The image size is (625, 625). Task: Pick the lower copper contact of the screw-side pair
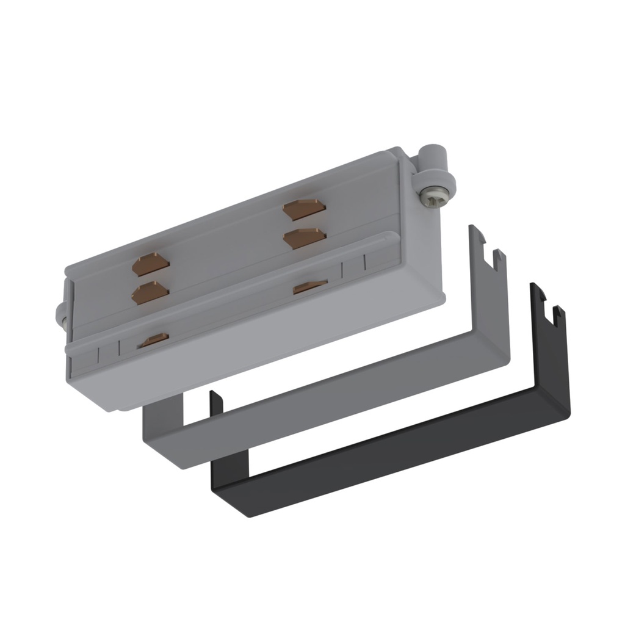(x=303, y=238)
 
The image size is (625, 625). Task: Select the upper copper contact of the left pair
(x=151, y=266)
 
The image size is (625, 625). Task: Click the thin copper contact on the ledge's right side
(x=310, y=286)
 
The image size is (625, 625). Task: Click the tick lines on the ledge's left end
(x=107, y=353)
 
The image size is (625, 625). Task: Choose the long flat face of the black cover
(x=391, y=446)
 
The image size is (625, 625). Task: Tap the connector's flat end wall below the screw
(x=421, y=256)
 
